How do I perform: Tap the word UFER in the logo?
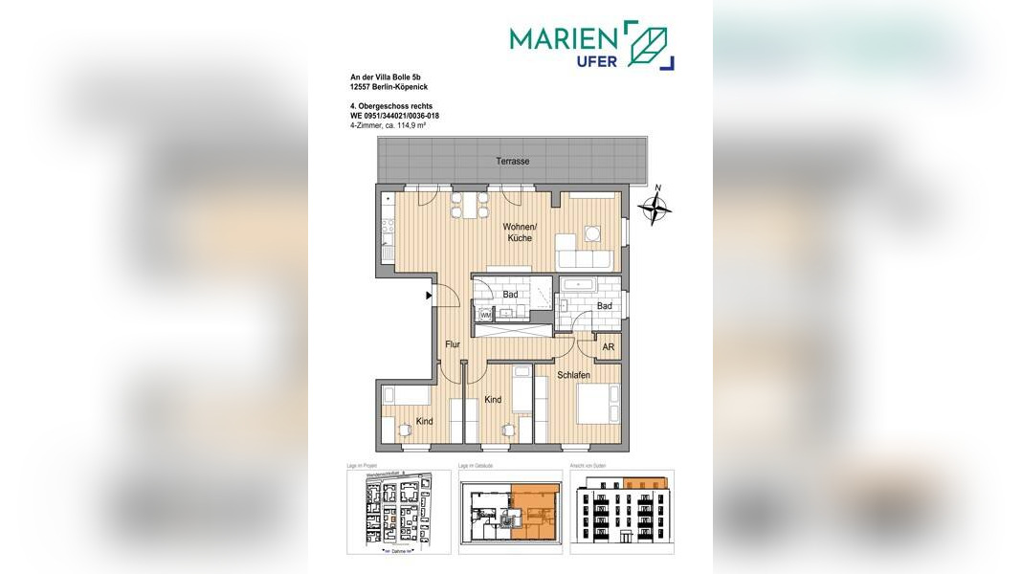596,61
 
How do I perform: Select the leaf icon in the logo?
652,45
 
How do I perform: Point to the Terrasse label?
513,162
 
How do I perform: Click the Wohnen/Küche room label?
522,232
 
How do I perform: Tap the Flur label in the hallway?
453,343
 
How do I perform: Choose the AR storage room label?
608,348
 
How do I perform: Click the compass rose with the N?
655,207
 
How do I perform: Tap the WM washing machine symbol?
484,313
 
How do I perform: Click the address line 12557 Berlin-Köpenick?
388,87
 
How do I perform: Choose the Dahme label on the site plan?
394,552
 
